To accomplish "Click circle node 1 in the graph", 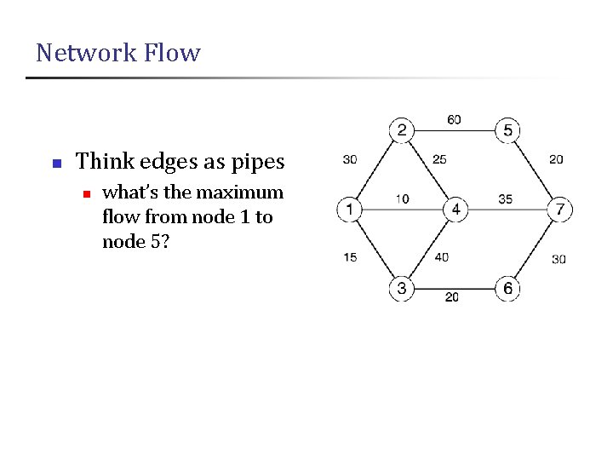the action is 350,209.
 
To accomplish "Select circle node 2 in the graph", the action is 402,131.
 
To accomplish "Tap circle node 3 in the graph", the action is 402,289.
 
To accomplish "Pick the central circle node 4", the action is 455,209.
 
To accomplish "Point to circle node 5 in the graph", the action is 508,131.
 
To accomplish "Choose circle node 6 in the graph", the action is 507,289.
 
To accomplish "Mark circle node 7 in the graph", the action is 559,209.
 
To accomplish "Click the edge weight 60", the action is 454,119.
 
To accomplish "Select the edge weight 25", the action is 439,159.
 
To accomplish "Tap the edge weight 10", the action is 402,199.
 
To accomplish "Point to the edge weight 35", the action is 505,199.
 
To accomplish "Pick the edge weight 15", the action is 350,257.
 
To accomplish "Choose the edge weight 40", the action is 441,257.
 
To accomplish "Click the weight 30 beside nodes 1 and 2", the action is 349,159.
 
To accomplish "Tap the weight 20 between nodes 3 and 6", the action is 451,297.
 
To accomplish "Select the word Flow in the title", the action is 173,53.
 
